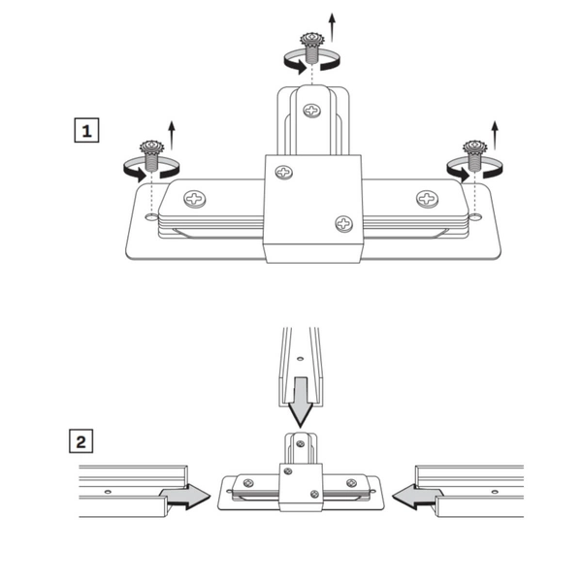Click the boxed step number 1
point(86,130)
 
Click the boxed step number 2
point(81,441)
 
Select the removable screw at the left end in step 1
point(152,155)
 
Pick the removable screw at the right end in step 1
point(475,155)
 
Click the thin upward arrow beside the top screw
point(332,27)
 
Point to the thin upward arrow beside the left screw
point(172,135)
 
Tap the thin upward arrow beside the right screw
point(495,135)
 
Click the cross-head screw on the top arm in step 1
point(312,111)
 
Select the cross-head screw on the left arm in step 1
point(195,199)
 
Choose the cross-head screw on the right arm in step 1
point(427,199)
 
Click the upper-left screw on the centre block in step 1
point(284,173)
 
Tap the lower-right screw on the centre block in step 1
point(343,224)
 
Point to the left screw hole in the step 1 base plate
point(151,216)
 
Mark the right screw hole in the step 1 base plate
point(475,216)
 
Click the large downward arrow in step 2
point(301,403)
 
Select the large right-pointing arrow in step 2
point(185,497)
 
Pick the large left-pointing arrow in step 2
point(418,497)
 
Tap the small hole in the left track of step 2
point(108,492)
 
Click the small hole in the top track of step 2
point(301,359)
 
